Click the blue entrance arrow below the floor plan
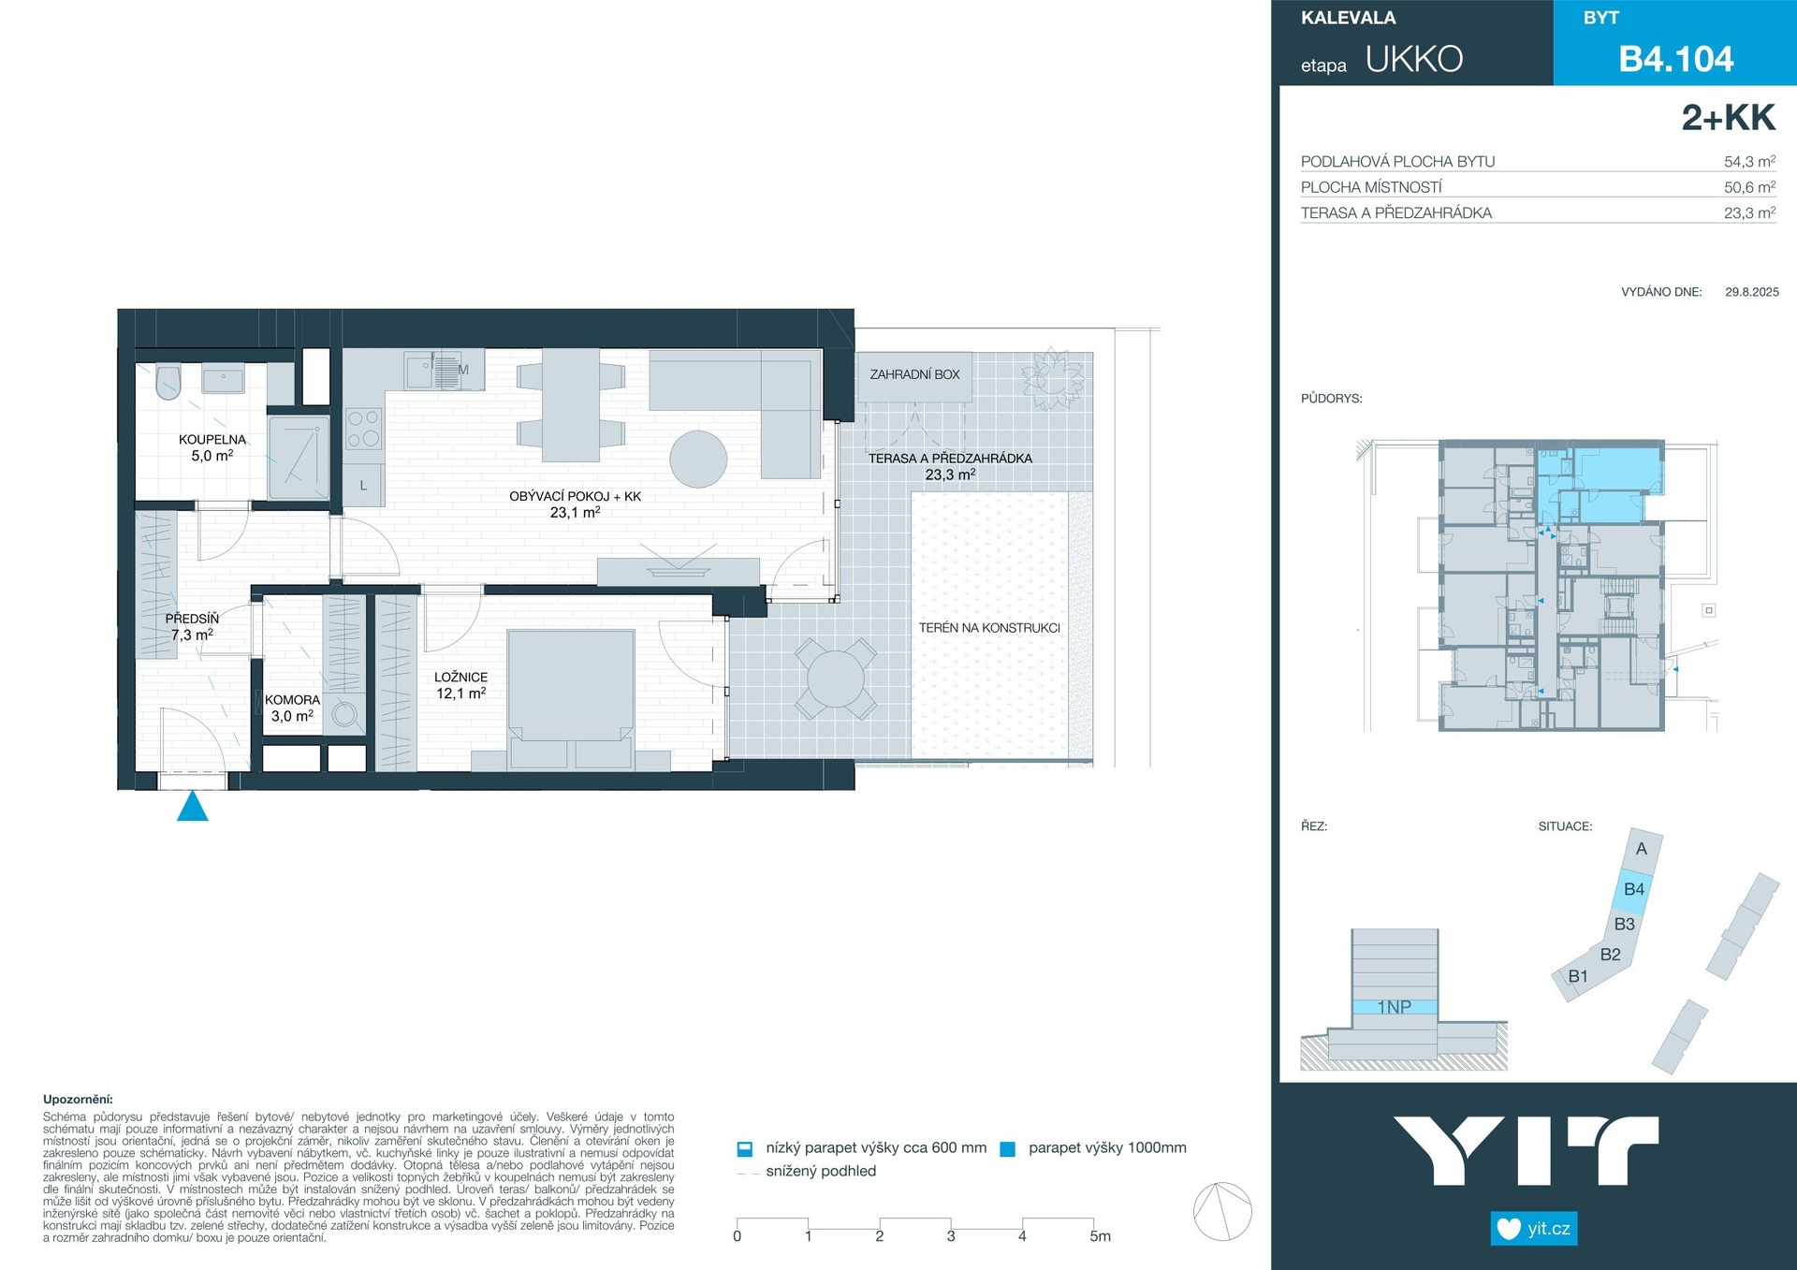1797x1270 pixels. pos(193,807)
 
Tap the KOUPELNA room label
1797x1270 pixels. pos(212,440)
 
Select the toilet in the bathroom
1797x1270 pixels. pos(168,382)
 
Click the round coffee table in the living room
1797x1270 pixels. pos(698,459)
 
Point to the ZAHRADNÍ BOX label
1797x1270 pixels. pos(914,374)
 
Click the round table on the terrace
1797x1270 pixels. pos(836,679)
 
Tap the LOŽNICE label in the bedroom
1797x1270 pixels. pos(460,677)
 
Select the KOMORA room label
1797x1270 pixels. pos(292,700)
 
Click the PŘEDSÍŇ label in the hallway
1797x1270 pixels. pos(192,619)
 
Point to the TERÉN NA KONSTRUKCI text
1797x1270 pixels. pos(989,628)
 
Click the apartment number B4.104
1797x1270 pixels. pos(1676,59)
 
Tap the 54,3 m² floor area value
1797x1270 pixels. pos(1749,161)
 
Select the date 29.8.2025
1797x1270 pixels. pos(1752,292)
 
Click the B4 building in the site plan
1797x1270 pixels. pos(1633,890)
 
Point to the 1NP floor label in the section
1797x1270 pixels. pos(1394,1007)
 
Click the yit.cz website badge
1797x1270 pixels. pos(1534,1229)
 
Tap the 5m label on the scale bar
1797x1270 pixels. pos(1101,1236)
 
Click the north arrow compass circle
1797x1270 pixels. pos(1222,1212)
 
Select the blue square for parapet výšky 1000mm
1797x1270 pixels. pos(1008,1149)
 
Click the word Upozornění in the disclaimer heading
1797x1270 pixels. pos(78,1100)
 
